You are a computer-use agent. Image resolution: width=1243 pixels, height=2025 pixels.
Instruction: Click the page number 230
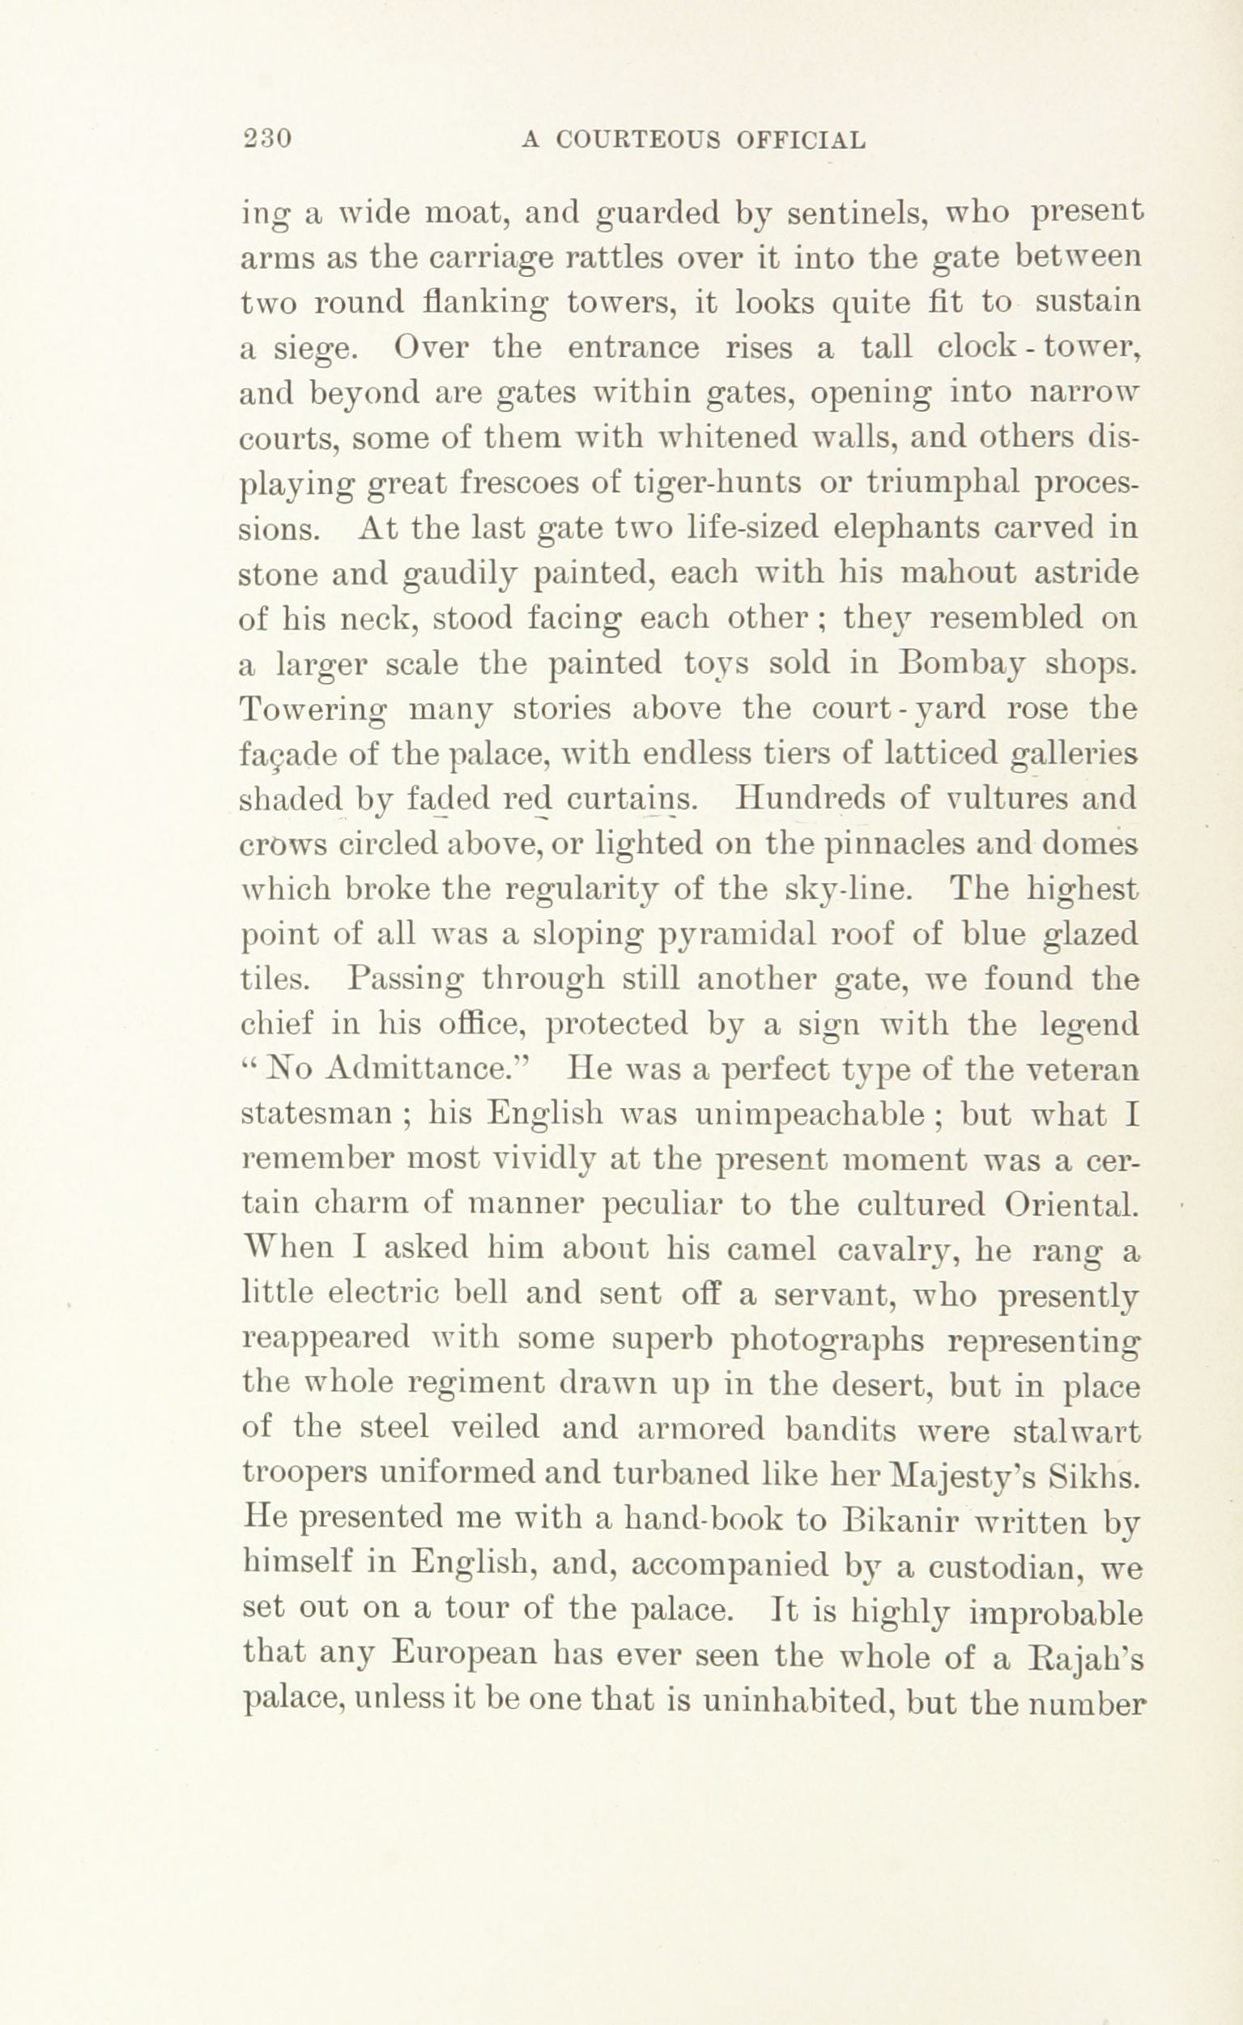266,139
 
